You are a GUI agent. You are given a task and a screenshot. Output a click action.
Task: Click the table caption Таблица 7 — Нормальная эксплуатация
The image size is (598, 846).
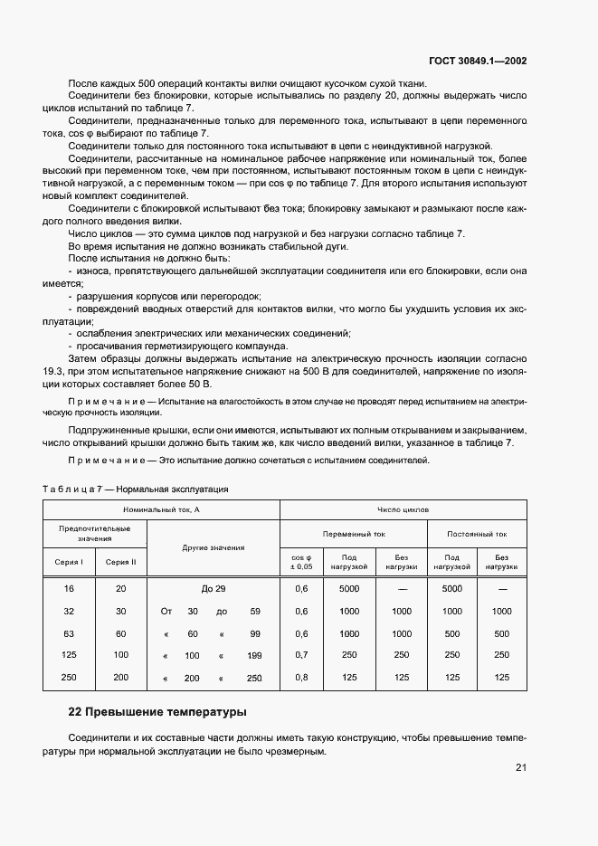[x=136, y=489]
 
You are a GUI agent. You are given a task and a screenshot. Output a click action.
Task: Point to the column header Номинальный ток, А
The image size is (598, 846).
[x=161, y=510]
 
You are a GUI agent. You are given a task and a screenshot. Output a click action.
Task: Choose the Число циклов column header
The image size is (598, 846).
[x=403, y=510]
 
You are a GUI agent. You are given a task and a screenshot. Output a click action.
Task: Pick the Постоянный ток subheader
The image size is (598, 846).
[x=477, y=534]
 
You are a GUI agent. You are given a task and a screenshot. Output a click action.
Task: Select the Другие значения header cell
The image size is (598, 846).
[x=214, y=547]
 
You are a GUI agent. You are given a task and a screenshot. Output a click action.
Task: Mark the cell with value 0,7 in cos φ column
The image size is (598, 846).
[x=302, y=655]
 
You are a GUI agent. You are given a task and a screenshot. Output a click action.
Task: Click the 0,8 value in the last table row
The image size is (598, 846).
[x=302, y=678]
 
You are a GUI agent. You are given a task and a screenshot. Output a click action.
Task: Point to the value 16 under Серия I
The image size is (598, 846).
[x=69, y=588]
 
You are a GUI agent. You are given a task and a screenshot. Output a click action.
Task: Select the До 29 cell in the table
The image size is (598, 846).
[x=214, y=588]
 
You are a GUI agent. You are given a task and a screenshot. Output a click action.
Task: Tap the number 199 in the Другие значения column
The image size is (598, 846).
[x=254, y=655]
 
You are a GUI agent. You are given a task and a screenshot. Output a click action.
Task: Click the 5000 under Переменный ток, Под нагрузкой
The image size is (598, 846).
[x=349, y=588]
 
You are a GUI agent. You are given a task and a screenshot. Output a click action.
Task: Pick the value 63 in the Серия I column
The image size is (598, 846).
[x=69, y=633]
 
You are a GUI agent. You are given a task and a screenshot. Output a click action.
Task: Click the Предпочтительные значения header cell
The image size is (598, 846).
[x=95, y=533]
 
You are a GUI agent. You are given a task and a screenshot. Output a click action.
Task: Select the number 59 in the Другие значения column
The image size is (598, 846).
[x=255, y=611]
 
